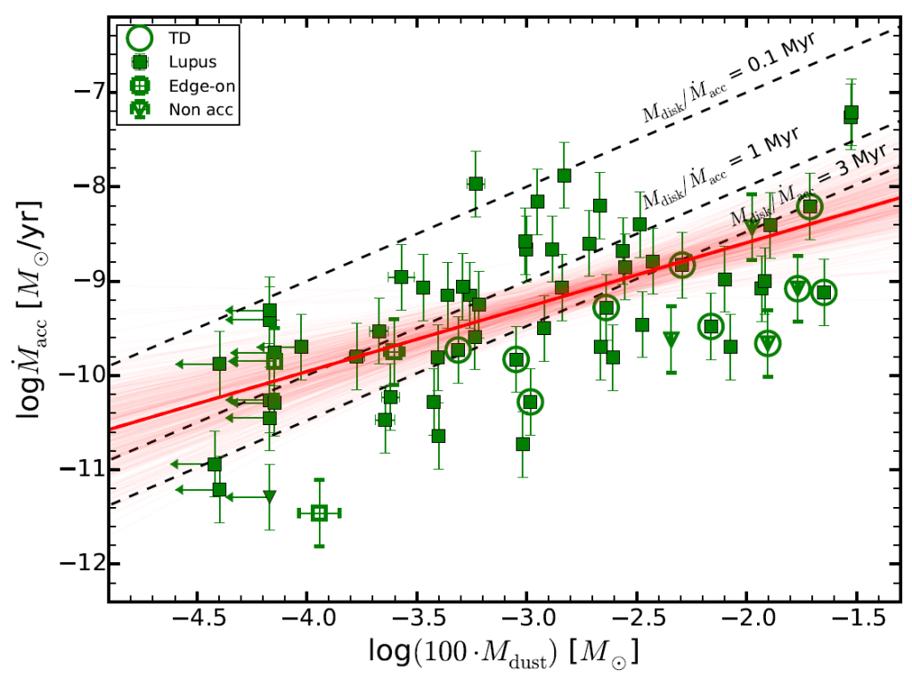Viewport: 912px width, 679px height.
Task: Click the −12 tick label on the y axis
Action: [81, 563]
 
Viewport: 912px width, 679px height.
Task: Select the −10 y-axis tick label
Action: [81, 375]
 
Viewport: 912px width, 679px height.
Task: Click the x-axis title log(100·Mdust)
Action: [503, 652]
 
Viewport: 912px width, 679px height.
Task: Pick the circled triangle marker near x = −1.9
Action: [769, 343]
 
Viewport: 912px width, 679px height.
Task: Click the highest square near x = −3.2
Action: [476, 184]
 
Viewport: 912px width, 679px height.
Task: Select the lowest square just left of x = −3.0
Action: [523, 444]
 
